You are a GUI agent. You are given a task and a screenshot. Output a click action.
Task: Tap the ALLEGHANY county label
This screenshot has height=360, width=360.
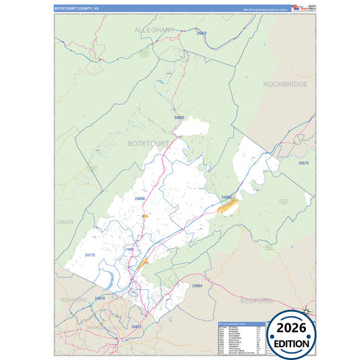click(155, 30)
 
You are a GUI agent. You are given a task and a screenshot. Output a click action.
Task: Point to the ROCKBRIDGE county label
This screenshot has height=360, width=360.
click(285, 84)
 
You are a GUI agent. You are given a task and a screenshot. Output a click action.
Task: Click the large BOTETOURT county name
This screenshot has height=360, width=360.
click(148, 144)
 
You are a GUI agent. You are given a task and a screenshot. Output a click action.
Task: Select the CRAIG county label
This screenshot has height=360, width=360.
click(65, 222)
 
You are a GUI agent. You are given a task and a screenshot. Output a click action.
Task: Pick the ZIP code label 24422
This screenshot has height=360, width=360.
click(201, 33)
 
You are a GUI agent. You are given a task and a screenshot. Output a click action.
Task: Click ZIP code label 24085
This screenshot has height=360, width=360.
click(179, 118)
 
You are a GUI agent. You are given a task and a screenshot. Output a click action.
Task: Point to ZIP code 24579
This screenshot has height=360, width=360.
click(303, 163)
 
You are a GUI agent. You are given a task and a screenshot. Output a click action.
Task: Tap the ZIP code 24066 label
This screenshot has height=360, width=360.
click(227, 197)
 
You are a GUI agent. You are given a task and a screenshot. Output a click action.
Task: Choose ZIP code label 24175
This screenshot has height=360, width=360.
click(91, 255)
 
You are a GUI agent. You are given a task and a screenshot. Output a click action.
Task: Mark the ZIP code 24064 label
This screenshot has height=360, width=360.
click(197, 286)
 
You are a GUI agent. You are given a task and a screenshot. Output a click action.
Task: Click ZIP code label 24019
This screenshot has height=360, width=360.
click(99, 298)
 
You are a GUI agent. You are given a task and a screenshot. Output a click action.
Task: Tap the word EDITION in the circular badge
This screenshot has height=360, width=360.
click(292, 343)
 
